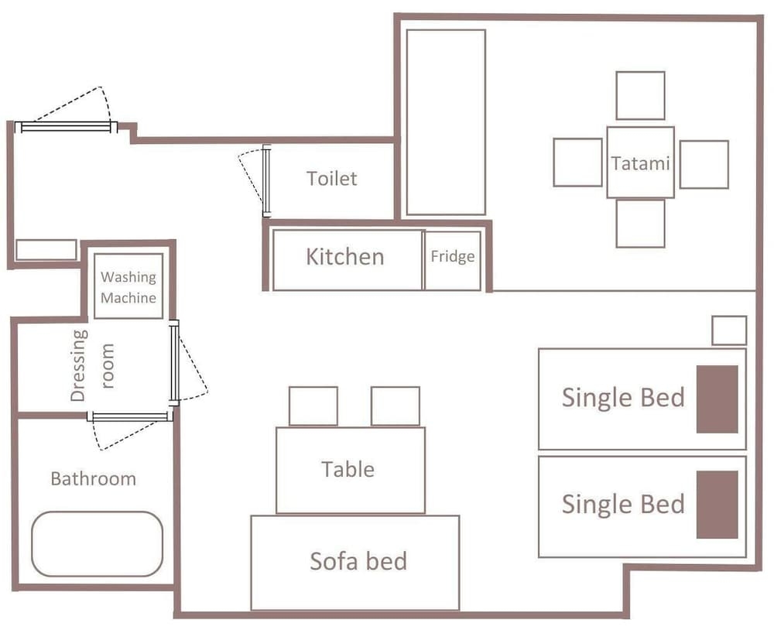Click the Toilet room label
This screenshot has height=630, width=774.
point(331,178)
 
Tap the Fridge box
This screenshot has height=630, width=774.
point(453,261)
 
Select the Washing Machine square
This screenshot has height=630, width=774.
point(128,286)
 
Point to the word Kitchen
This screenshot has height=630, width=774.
point(344,257)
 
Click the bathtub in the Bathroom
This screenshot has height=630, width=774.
point(98,543)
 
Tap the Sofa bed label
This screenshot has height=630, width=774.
point(358,561)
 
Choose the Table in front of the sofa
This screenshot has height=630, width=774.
point(351,471)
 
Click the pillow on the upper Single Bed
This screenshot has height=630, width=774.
point(717,399)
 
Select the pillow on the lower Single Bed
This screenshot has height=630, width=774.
point(717,505)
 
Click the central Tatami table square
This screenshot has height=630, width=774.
point(640,163)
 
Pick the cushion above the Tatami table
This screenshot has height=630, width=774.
point(640,95)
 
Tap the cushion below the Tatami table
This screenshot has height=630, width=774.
point(640,224)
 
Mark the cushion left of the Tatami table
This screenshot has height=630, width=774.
point(577,163)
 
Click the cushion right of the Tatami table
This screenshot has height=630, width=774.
point(704,164)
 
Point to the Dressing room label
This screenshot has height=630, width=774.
point(92,366)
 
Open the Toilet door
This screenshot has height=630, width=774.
point(266,180)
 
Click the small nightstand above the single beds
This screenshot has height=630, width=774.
point(729,330)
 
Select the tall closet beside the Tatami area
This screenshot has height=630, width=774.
point(446,122)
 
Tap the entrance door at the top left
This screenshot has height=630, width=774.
point(66,128)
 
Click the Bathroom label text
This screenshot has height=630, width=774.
point(94,479)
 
